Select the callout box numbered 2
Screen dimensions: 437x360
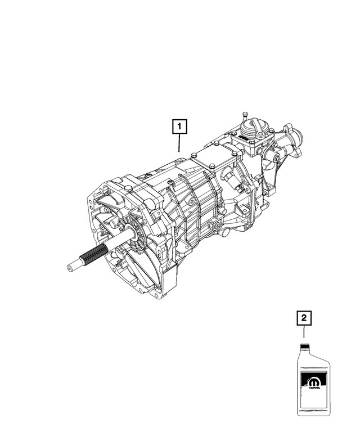click(304, 319)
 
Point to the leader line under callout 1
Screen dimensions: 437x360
click(180, 143)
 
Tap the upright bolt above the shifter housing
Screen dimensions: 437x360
click(245, 117)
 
